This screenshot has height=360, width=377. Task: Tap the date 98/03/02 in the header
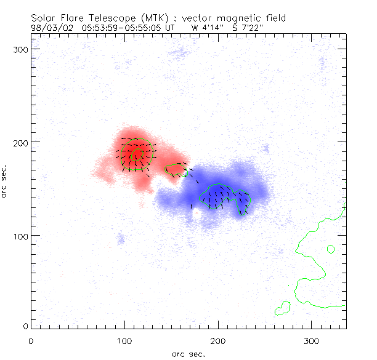50,28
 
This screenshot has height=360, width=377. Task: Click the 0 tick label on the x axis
31,340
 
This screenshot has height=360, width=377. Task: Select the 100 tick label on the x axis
124,340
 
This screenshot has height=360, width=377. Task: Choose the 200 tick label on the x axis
218,340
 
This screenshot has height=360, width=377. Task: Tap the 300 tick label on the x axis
312,340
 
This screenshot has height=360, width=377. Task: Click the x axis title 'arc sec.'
188,354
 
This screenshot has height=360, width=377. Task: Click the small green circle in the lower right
331,249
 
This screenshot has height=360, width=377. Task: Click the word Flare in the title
73,17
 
